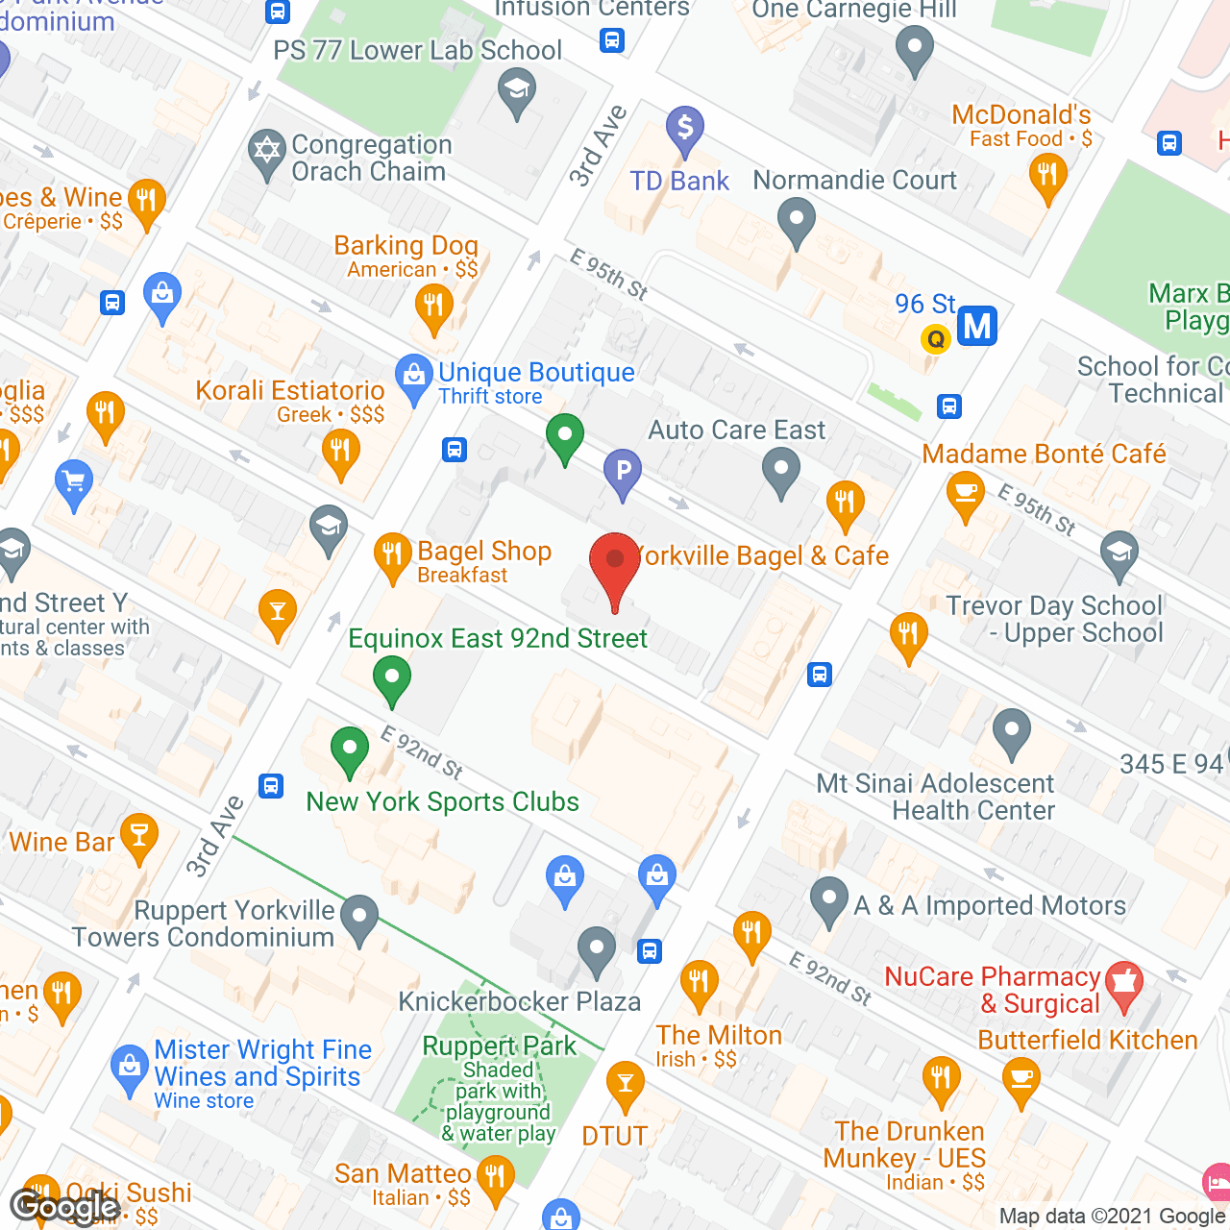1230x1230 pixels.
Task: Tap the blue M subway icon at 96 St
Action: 976,327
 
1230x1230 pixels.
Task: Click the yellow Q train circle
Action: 935,338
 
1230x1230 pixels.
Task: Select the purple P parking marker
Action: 623,472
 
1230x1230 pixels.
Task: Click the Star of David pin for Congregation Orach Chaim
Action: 266,153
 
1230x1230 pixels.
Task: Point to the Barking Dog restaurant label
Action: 406,246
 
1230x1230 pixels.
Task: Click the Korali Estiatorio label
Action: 289,391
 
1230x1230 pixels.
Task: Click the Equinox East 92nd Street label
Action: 498,639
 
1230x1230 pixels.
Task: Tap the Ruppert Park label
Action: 499,1045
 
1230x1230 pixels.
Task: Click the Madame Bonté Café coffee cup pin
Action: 965,494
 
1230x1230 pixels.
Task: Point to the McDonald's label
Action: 1021,115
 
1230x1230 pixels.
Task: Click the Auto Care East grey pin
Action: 781,472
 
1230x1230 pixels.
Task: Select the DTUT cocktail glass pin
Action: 626,1085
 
